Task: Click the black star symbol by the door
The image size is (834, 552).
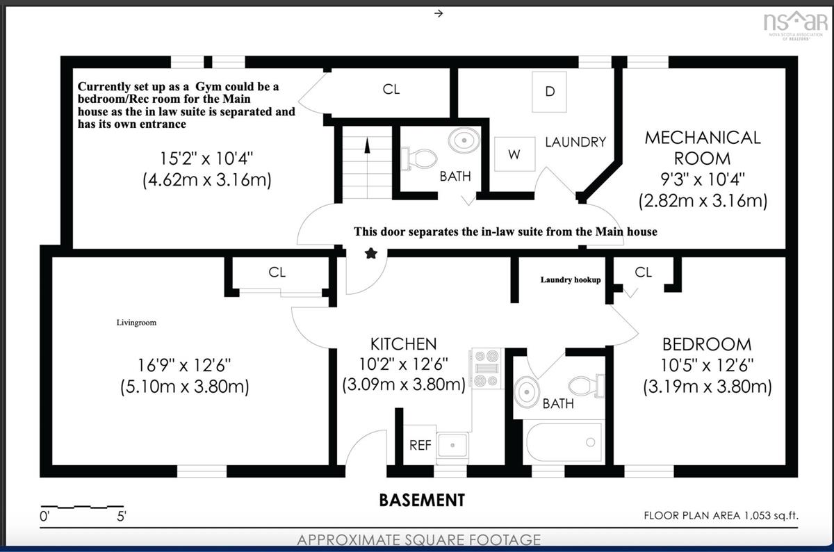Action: [x=371, y=254]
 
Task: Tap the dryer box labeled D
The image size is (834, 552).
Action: [x=549, y=92]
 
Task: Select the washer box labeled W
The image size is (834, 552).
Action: [x=514, y=154]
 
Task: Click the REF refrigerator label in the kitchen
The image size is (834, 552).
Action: [x=420, y=445]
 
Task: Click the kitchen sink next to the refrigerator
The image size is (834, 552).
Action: [x=452, y=446]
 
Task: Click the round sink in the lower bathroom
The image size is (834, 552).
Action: [x=527, y=392]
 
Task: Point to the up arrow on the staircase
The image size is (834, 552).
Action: [x=367, y=145]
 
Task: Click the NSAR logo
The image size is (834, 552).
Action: [x=794, y=25]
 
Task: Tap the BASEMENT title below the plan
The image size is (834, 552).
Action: [x=422, y=501]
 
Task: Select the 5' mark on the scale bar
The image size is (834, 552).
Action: [x=122, y=517]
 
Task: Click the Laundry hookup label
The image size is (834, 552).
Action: [x=571, y=279]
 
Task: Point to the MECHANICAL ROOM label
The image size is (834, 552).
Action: [x=703, y=148]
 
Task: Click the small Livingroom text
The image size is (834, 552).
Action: [x=136, y=323]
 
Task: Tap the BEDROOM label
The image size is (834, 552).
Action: [x=707, y=345]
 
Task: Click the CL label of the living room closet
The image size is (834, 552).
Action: [x=277, y=273]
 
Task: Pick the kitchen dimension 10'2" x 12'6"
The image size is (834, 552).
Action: [x=404, y=364]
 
